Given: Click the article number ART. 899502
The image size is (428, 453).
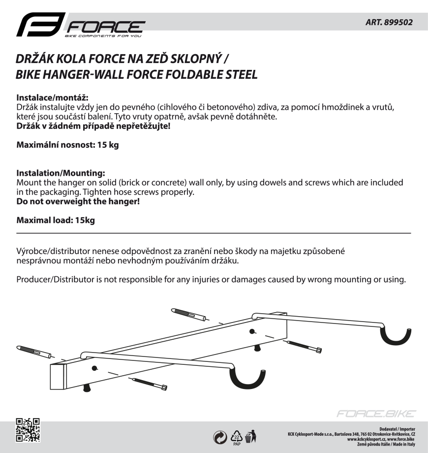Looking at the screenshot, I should [x=389, y=22].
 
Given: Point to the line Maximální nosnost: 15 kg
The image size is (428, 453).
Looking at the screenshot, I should [x=67, y=145].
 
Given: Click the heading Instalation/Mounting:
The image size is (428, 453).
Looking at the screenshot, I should [x=61, y=173].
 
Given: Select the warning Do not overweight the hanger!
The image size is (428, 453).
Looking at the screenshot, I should [x=78, y=201].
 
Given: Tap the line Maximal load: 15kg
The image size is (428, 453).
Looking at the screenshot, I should [x=56, y=220].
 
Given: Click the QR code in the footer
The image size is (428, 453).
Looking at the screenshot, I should [x=28, y=429].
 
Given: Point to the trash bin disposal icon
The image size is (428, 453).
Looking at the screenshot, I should [x=251, y=436].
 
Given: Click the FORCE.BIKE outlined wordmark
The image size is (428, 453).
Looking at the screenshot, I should [x=376, y=414].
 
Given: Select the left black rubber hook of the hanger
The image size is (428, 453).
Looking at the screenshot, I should [x=248, y=379].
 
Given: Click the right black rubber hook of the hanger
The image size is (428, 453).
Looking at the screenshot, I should [x=398, y=337].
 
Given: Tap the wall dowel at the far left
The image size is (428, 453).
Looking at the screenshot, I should [x=34, y=351].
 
